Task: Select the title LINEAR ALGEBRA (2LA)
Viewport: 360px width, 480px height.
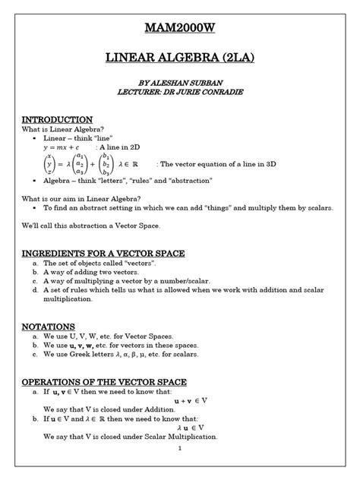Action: (179, 59)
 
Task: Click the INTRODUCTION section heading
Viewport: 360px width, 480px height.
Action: (57, 120)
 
